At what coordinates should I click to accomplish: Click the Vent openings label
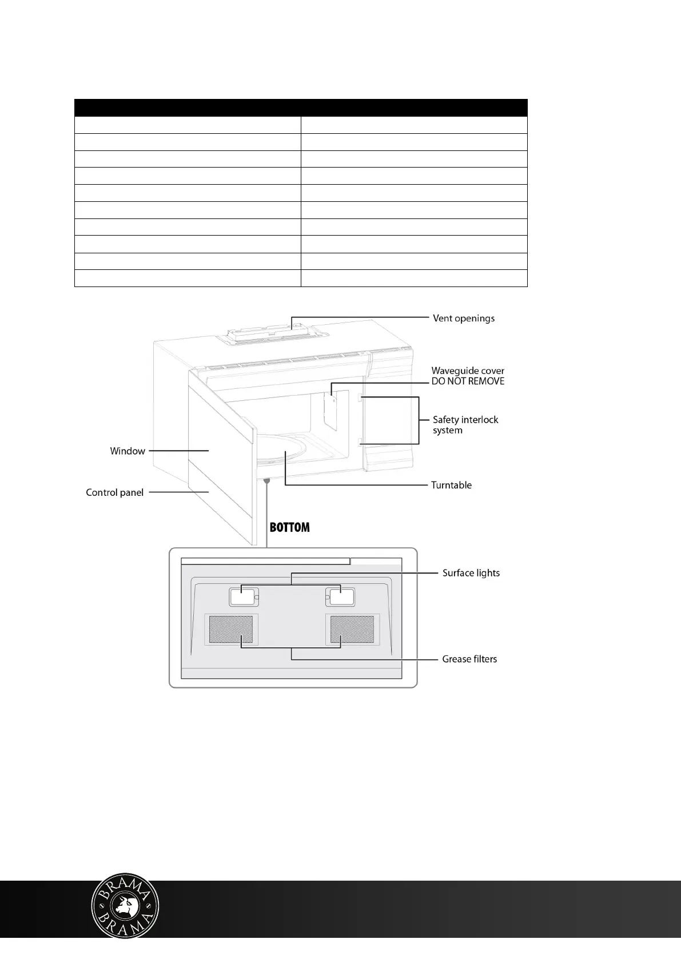(463, 319)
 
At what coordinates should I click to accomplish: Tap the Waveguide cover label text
(468, 371)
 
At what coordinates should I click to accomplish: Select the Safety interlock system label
(465, 425)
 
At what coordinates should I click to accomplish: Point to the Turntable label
(451, 486)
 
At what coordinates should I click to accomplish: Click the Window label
(128, 451)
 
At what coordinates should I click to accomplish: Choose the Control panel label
(114, 492)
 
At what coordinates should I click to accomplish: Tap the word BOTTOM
(289, 528)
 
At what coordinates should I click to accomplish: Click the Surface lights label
(471, 573)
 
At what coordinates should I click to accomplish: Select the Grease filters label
(469, 659)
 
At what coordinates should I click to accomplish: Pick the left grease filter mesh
(231, 629)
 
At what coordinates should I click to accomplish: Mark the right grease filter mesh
(353, 629)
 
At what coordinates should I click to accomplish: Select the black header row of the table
(301, 108)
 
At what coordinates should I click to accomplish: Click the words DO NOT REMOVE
(468, 381)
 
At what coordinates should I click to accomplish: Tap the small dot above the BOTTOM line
(266, 481)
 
